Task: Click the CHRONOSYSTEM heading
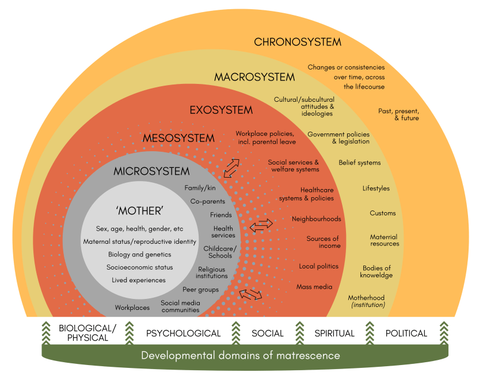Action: pos(298,42)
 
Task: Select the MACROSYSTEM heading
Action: pos(254,77)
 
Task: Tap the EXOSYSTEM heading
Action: pos(221,110)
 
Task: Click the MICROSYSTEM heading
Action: pos(151,171)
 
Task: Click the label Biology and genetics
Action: pos(139,254)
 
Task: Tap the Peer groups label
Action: pos(200,290)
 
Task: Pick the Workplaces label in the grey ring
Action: pos(132,308)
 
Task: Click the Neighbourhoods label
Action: pos(316,219)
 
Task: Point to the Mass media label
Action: pos(314,286)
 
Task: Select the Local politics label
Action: pos(318,266)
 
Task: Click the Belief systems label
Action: pos(359,163)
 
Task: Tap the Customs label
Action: pos(383,213)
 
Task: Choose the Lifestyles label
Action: pos(376,188)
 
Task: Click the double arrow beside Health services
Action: pos(261,225)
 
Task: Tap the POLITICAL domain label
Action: pos(406,333)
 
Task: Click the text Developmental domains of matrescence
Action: pos(241,355)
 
